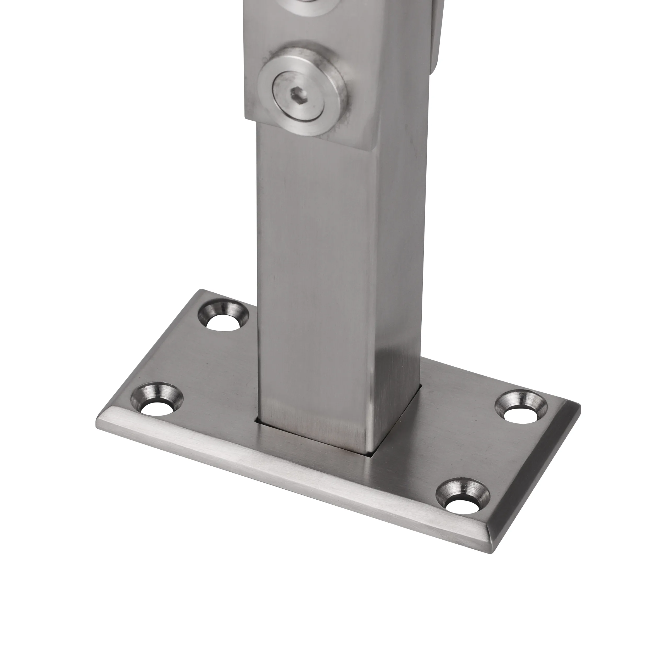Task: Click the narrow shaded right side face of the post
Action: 399,277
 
